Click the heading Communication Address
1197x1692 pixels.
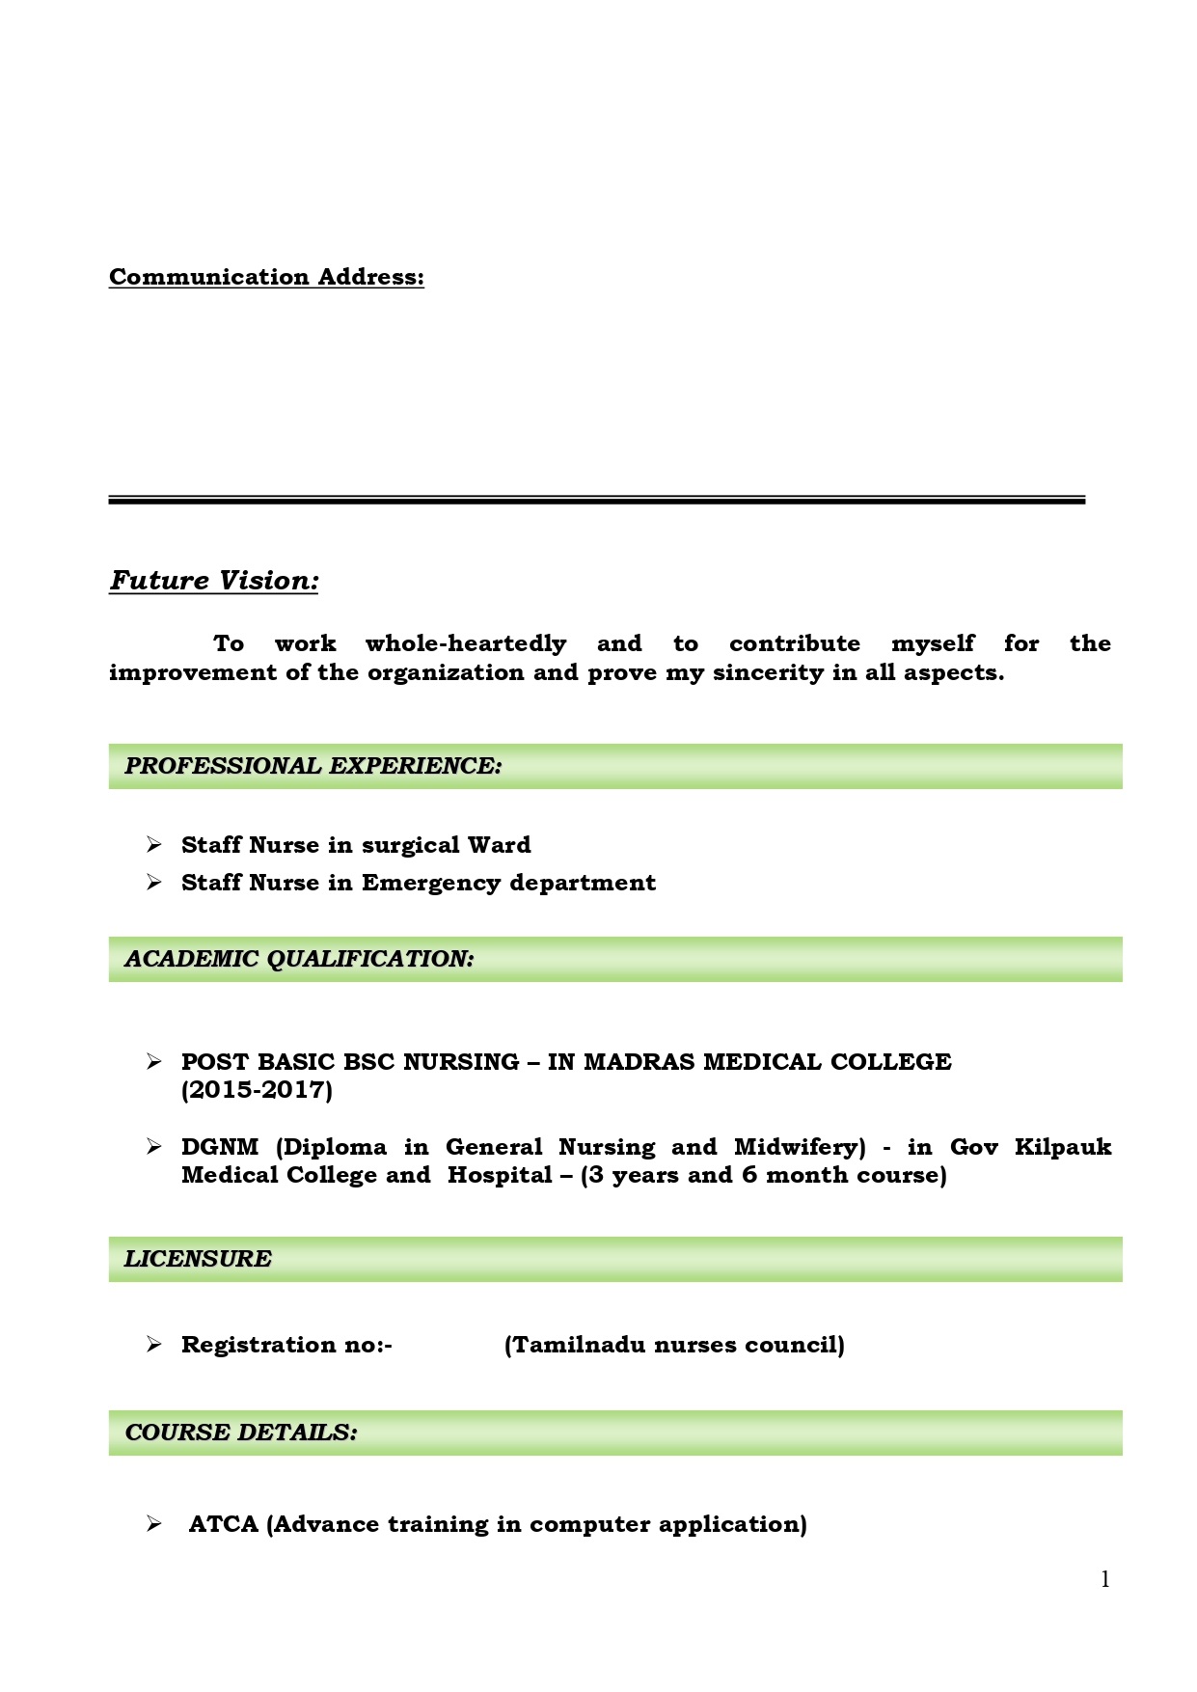coord(266,277)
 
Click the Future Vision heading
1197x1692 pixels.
coord(213,580)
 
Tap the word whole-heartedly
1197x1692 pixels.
coord(465,643)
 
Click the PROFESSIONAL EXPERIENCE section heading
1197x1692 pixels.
coord(313,766)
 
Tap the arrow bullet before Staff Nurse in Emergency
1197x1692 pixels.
coord(154,883)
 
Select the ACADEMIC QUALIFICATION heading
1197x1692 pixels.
coord(299,959)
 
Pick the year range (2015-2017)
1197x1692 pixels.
coord(257,1090)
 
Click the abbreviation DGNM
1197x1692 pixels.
coord(220,1147)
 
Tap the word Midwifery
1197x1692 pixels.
coord(800,1147)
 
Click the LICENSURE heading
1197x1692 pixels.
coord(198,1259)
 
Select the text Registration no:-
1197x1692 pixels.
coord(286,1345)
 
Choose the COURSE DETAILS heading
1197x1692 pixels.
coord(241,1433)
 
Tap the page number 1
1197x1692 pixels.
coord(1105,1579)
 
